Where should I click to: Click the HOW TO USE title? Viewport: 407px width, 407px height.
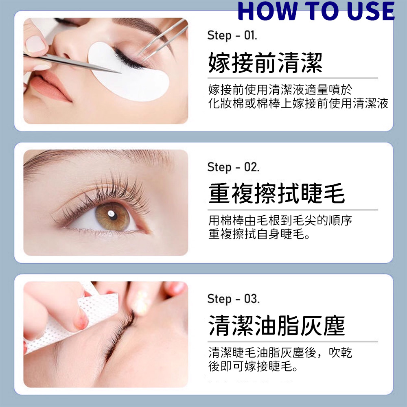point(316,11)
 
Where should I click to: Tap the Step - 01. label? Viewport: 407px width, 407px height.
point(232,35)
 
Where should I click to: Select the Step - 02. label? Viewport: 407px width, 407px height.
point(233,167)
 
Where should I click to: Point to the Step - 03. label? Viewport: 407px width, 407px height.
point(233,299)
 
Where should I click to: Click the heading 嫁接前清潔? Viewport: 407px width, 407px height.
point(265,63)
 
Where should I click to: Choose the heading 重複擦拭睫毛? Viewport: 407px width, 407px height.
point(276,193)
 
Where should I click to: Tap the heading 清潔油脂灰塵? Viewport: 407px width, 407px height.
point(276,326)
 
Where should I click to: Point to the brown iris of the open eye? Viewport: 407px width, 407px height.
point(112,216)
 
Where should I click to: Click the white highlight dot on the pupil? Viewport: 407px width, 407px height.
point(111,214)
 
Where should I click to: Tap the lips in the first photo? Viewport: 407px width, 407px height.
point(49,87)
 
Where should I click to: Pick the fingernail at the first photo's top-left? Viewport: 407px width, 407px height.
point(35,44)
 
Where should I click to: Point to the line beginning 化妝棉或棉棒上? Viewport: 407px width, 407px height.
point(298,103)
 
